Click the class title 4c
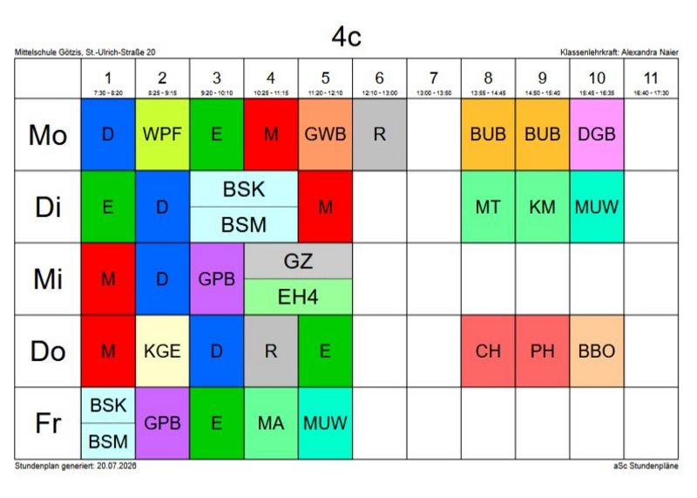[346, 37]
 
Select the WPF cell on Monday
[162, 134]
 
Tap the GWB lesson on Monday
[325, 134]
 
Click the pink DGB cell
[597, 134]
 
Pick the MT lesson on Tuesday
[488, 207]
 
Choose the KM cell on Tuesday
[542, 207]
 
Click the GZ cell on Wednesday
[298, 262]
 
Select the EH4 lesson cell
[298, 297]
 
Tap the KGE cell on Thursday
[162, 351]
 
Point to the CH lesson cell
[488, 351]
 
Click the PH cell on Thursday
[542, 351]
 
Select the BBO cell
[597, 351]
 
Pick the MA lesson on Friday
[271, 423]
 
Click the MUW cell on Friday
[325, 423]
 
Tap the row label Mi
[48, 279]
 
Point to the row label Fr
[48, 423]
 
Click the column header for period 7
[434, 78]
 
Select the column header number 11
[651, 78]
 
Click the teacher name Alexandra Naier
[650, 52]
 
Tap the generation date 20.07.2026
[117, 466]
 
